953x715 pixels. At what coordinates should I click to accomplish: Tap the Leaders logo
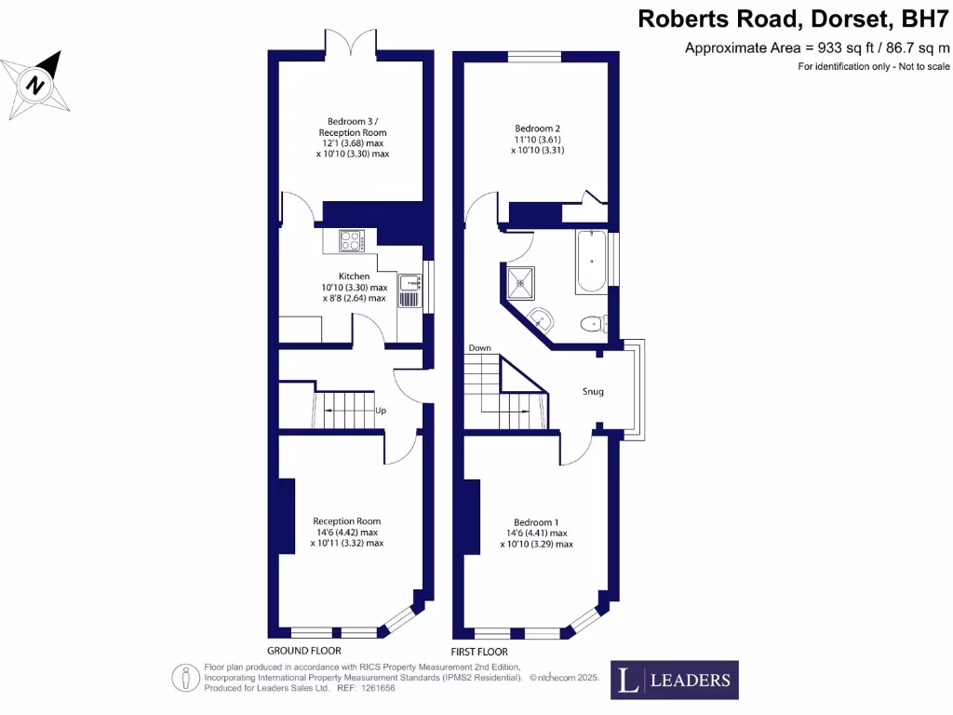click(675, 680)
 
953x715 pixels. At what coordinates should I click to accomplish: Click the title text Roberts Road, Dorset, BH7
click(794, 20)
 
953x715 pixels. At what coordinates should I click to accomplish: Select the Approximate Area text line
click(817, 47)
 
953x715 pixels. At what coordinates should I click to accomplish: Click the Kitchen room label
click(354, 277)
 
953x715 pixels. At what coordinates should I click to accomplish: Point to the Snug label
click(593, 391)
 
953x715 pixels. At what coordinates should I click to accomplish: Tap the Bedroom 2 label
click(538, 128)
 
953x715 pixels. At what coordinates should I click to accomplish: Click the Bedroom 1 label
click(537, 521)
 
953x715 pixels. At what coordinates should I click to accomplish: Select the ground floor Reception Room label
click(346, 521)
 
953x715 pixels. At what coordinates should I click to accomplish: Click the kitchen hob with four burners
click(351, 241)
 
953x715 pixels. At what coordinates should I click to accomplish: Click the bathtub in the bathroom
click(592, 262)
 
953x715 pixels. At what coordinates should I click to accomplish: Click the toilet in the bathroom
click(590, 324)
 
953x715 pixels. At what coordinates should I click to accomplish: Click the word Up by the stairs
click(380, 411)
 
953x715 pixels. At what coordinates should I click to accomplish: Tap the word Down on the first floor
click(479, 348)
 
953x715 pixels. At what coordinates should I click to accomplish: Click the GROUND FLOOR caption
click(303, 651)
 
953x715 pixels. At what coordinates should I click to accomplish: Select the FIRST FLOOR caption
click(479, 652)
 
